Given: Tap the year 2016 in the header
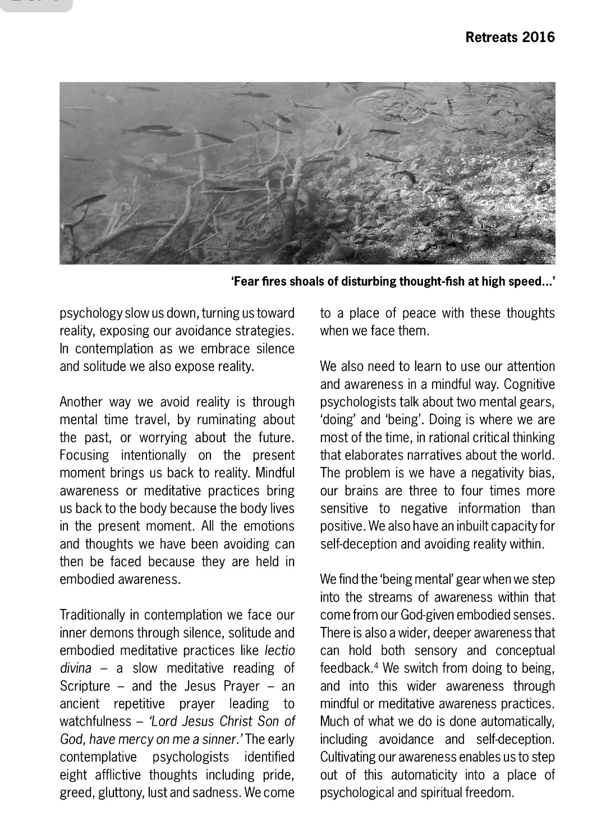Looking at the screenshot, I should (x=538, y=38).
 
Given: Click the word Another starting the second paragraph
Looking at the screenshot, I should (x=81, y=402).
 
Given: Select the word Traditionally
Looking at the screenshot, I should (x=93, y=615).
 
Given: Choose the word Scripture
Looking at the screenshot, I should (x=85, y=686).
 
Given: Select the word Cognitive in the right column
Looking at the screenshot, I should (x=529, y=384).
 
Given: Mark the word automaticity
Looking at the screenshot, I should (x=424, y=775).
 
